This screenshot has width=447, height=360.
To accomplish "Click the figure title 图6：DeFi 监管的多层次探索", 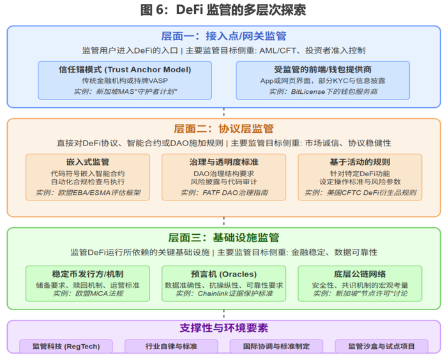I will click(223, 10).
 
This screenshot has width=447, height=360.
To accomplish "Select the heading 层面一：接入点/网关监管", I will click(223, 36).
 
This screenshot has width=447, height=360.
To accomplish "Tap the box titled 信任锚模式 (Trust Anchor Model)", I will click(120, 80).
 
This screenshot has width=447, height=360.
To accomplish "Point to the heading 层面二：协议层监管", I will click(223, 128).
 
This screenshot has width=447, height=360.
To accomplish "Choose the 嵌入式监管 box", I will click(87, 176).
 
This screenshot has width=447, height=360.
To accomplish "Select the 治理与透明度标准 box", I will click(224, 176).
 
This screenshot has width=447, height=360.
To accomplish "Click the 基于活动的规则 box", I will click(360, 176).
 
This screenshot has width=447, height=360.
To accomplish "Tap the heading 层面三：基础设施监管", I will click(223, 237).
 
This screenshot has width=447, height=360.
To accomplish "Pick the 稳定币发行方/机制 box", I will click(87, 283).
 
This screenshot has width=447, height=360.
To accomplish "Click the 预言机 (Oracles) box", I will click(224, 283).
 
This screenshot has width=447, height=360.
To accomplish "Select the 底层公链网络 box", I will click(360, 283).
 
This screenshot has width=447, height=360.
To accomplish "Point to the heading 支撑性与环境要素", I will click(223, 329).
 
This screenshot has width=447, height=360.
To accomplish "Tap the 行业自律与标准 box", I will click(170, 346).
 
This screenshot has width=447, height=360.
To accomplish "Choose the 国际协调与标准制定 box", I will click(275, 346).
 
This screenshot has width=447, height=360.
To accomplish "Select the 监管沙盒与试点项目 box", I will click(381, 346).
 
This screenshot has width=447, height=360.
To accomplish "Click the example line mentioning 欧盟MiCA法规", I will click(88, 294).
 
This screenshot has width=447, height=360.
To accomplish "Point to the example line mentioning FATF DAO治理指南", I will click(224, 192).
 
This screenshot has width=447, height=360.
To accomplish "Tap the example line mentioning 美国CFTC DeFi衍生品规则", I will click(360, 192).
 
